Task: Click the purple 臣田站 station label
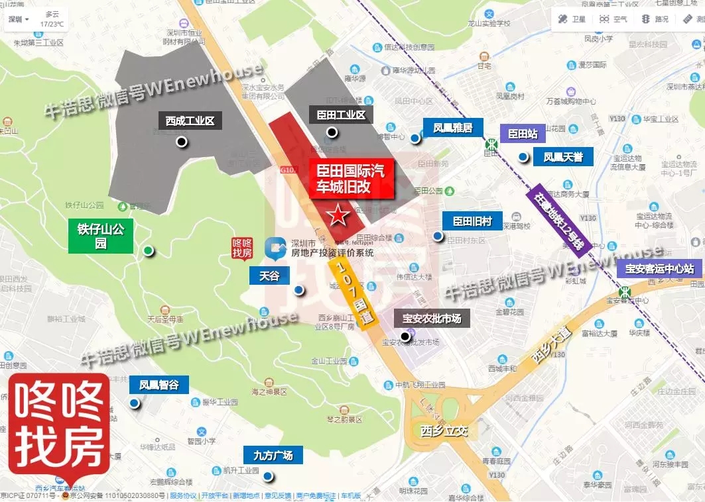tap(523, 134)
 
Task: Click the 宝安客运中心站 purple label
tap(659, 269)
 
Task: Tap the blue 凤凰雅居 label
tap(453, 128)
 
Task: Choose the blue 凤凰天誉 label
tap(563, 157)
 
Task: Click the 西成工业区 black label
tap(189, 121)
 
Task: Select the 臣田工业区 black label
tap(341, 115)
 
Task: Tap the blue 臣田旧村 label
tap(472, 221)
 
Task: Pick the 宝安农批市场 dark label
tap(432, 319)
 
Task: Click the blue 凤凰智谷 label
tap(159, 385)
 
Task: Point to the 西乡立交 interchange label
tap(444, 431)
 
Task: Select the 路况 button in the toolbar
tap(655, 19)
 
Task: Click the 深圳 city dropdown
tap(18, 19)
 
